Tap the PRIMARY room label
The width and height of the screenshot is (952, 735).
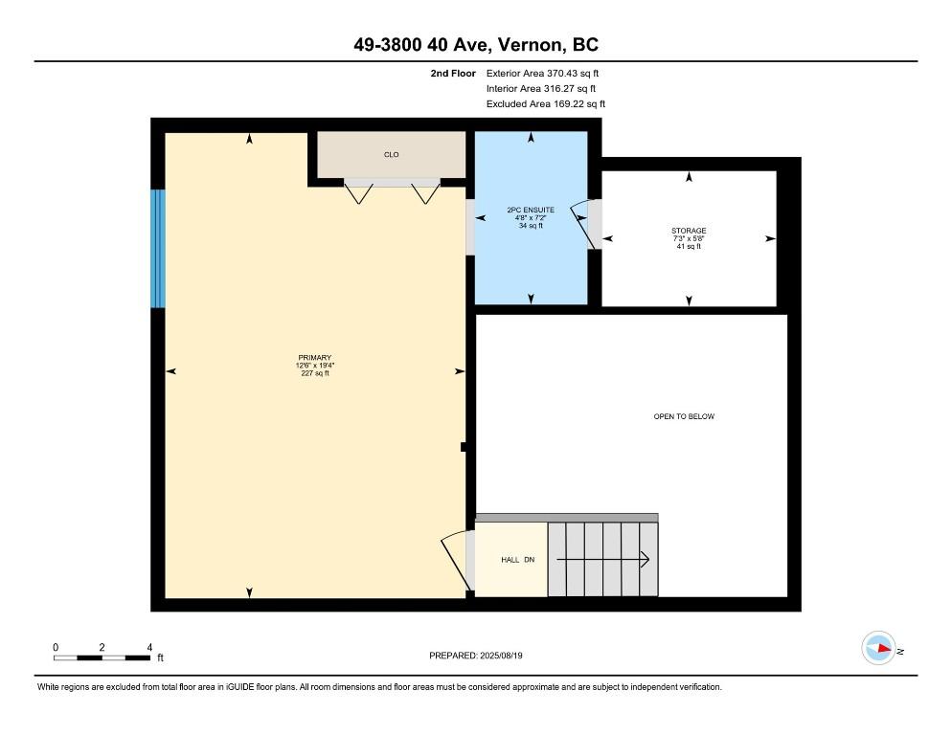pos(314,358)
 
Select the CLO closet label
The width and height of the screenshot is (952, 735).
pos(391,155)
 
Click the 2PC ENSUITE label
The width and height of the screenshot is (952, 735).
pos(531,210)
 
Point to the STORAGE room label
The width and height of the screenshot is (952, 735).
pos(688,232)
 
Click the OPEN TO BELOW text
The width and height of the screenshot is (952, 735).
pos(684,416)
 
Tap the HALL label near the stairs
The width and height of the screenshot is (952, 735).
pos(510,560)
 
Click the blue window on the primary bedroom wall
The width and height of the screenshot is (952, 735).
pos(158,249)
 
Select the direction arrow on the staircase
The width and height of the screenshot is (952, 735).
pos(603,560)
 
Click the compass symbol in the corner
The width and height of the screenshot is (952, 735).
pos(878,648)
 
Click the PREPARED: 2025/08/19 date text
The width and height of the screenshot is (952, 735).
pos(476,656)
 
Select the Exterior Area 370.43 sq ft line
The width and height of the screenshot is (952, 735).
pos(543,73)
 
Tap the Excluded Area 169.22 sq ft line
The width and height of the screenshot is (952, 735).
pos(545,103)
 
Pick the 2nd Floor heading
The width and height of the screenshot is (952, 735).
pos(454,73)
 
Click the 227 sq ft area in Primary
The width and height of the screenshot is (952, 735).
pos(314,373)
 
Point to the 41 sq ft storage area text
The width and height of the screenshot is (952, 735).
pos(688,247)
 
